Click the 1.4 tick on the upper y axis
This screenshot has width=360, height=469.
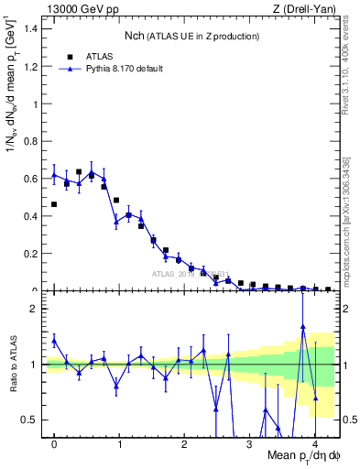(x=35, y=28)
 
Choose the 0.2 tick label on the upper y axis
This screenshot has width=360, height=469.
(x=35, y=254)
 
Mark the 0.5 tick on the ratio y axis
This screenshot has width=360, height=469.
(x=35, y=420)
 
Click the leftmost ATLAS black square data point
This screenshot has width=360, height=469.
(x=54, y=204)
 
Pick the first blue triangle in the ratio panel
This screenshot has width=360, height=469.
(x=54, y=341)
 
